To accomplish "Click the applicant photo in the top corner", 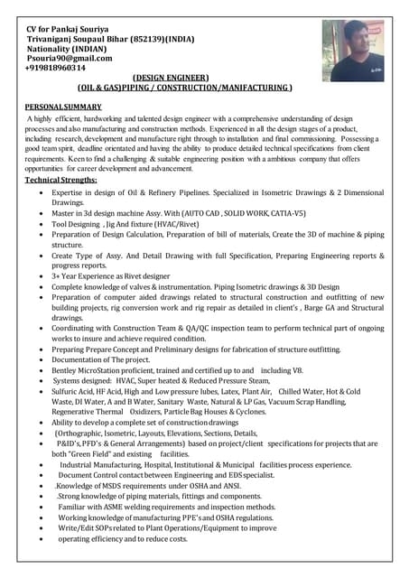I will coord(353,51).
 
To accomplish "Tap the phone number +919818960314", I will coord(57,68).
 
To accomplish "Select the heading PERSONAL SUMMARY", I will coord(62,107).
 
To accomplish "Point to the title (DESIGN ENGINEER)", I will coord(171,78).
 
